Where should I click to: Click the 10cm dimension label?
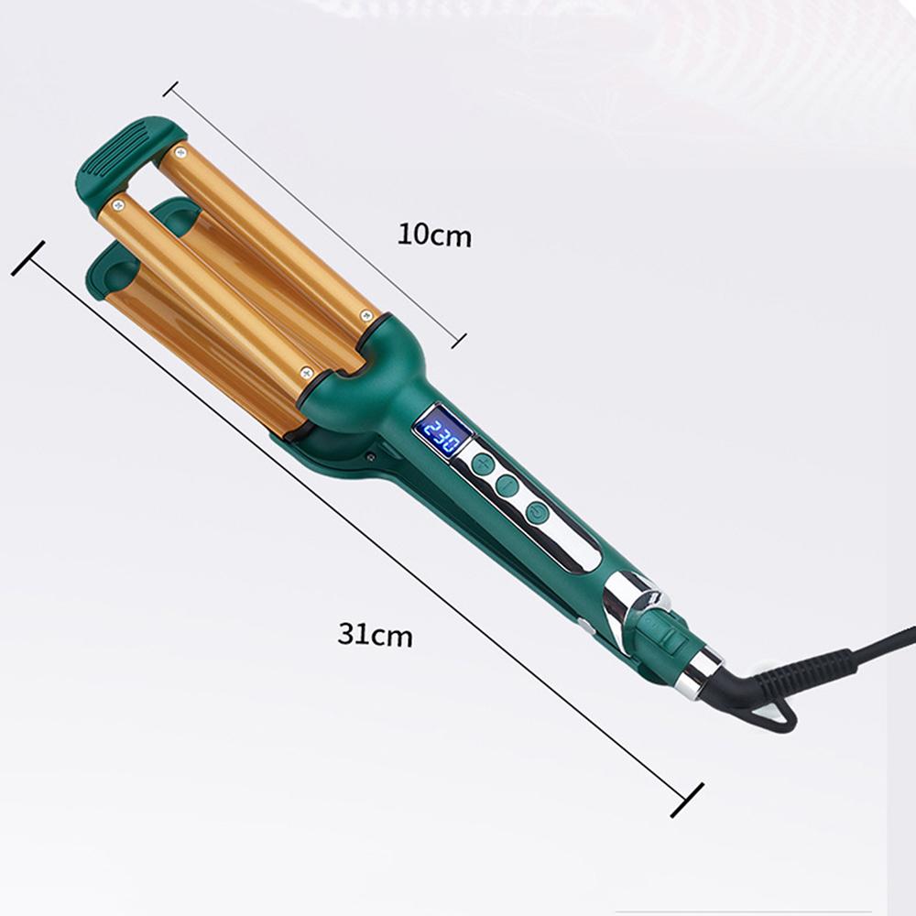(x=434, y=235)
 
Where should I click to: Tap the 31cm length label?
(x=375, y=634)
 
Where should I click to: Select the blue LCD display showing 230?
(x=441, y=430)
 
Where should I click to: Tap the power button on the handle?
(x=536, y=513)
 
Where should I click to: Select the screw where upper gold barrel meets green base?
(x=368, y=316)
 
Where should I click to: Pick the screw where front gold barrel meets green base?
(x=307, y=372)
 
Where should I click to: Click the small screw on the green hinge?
(x=371, y=454)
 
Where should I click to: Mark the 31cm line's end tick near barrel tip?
(x=27, y=258)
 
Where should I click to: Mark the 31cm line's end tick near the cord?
(x=686, y=800)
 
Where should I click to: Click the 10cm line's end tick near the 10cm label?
(x=459, y=341)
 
